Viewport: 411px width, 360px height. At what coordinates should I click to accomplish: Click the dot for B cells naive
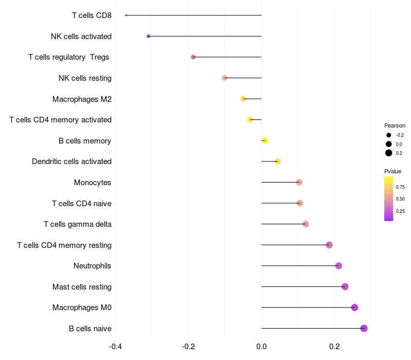tap(364, 328)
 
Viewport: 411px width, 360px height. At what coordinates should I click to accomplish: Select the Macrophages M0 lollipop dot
tap(354, 308)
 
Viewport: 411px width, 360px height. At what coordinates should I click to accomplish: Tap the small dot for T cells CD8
tap(126, 15)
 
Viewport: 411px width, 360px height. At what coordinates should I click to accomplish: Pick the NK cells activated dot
tap(148, 36)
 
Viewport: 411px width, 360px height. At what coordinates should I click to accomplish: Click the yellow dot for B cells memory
tap(265, 140)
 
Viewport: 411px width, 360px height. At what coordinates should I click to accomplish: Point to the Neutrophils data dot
tap(339, 266)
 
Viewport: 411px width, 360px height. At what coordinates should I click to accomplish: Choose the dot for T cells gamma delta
tap(306, 224)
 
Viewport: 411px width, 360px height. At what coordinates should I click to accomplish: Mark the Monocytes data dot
tap(299, 182)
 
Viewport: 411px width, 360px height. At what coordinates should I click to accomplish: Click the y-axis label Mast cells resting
tap(82, 286)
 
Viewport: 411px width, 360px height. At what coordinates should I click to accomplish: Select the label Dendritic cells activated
tap(71, 161)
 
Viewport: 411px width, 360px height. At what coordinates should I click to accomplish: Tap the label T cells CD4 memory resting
tap(64, 245)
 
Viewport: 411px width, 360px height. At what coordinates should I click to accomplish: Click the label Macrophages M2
tap(82, 99)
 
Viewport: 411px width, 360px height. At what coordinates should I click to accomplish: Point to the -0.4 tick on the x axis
tap(116, 346)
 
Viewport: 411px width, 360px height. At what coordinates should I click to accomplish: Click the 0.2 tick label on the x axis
tap(334, 346)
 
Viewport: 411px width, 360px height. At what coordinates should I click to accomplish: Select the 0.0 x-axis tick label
tap(261, 346)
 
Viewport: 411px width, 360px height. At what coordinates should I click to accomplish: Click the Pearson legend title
tap(395, 125)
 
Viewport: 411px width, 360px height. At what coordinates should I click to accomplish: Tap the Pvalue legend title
tap(393, 171)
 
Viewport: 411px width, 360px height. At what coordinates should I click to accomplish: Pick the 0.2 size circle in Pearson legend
tap(389, 153)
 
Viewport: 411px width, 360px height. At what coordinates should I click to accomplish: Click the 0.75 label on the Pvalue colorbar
tap(400, 187)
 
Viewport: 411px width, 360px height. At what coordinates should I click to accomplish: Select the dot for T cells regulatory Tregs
tap(193, 57)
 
